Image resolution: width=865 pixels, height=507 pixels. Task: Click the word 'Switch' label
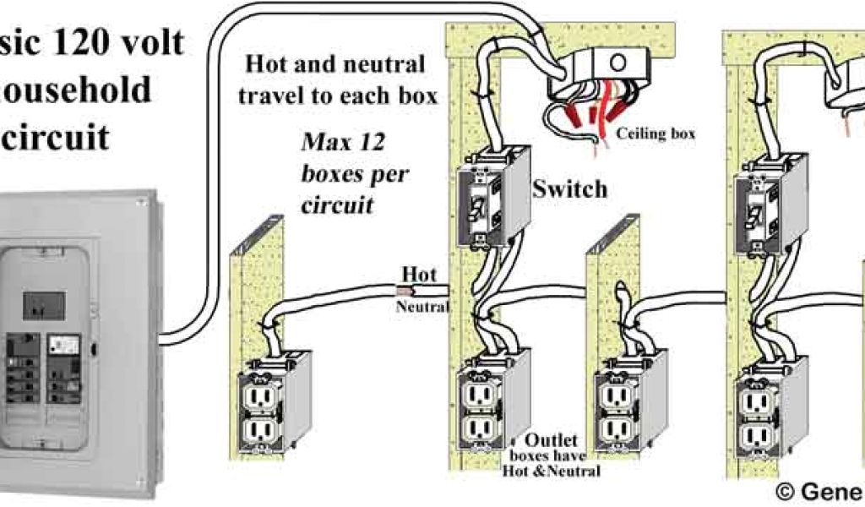[569, 189]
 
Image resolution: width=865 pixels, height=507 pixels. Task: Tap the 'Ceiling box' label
[656, 134]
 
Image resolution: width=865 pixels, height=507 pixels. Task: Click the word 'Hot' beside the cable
[419, 275]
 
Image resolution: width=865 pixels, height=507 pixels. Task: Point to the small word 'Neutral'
[422, 308]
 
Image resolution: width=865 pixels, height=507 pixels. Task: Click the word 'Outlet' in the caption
[551, 440]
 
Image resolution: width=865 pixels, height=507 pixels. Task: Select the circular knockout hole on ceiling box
[617, 62]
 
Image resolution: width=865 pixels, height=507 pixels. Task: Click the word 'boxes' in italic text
[339, 174]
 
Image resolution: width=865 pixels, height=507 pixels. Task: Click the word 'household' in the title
[76, 89]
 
